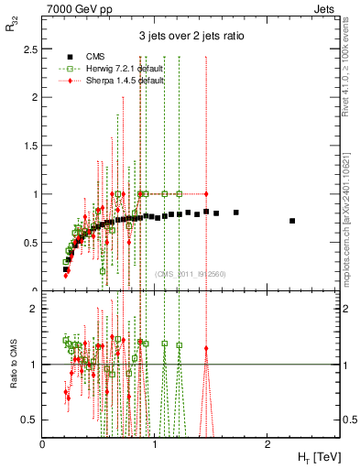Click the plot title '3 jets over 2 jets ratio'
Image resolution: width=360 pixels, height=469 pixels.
click(x=191, y=37)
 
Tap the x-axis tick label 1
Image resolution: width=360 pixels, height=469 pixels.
click(x=155, y=444)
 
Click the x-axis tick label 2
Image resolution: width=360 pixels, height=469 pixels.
click(x=267, y=444)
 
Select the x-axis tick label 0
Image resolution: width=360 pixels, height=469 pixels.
click(x=43, y=444)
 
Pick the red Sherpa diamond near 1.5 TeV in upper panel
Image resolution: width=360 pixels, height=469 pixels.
click(x=207, y=194)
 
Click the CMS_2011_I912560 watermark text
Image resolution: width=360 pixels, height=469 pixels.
click(x=191, y=274)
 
